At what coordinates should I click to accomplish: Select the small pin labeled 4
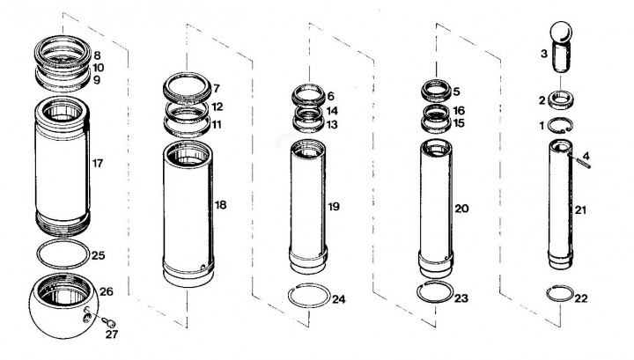tap(581, 161)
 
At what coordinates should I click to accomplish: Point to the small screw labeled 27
tap(109, 322)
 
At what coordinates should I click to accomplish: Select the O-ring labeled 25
tap(37, 253)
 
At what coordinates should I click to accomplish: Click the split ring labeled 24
tap(290, 296)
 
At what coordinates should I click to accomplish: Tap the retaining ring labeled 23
tap(418, 291)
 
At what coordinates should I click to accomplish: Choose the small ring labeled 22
tap(548, 293)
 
